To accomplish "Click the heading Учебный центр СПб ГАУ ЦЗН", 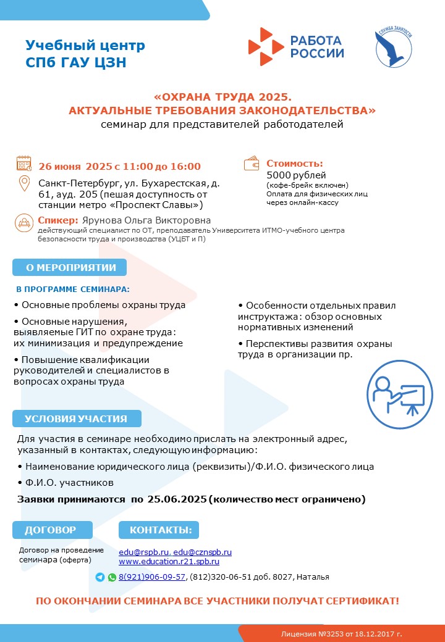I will point(85,54).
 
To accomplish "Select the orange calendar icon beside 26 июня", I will point(24,164).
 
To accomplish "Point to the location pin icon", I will point(24,185).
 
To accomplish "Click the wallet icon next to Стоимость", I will point(252,164).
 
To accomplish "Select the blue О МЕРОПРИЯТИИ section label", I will point(70,267).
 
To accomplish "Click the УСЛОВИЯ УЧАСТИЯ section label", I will point(76,419).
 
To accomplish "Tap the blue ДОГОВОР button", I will point(51,530).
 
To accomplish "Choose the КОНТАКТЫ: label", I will point(160,530).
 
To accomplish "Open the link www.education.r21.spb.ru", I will point(169,562).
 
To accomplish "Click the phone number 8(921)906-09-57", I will point(152,577).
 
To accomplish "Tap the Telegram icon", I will point(100,577).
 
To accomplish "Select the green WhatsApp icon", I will point(112,577).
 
